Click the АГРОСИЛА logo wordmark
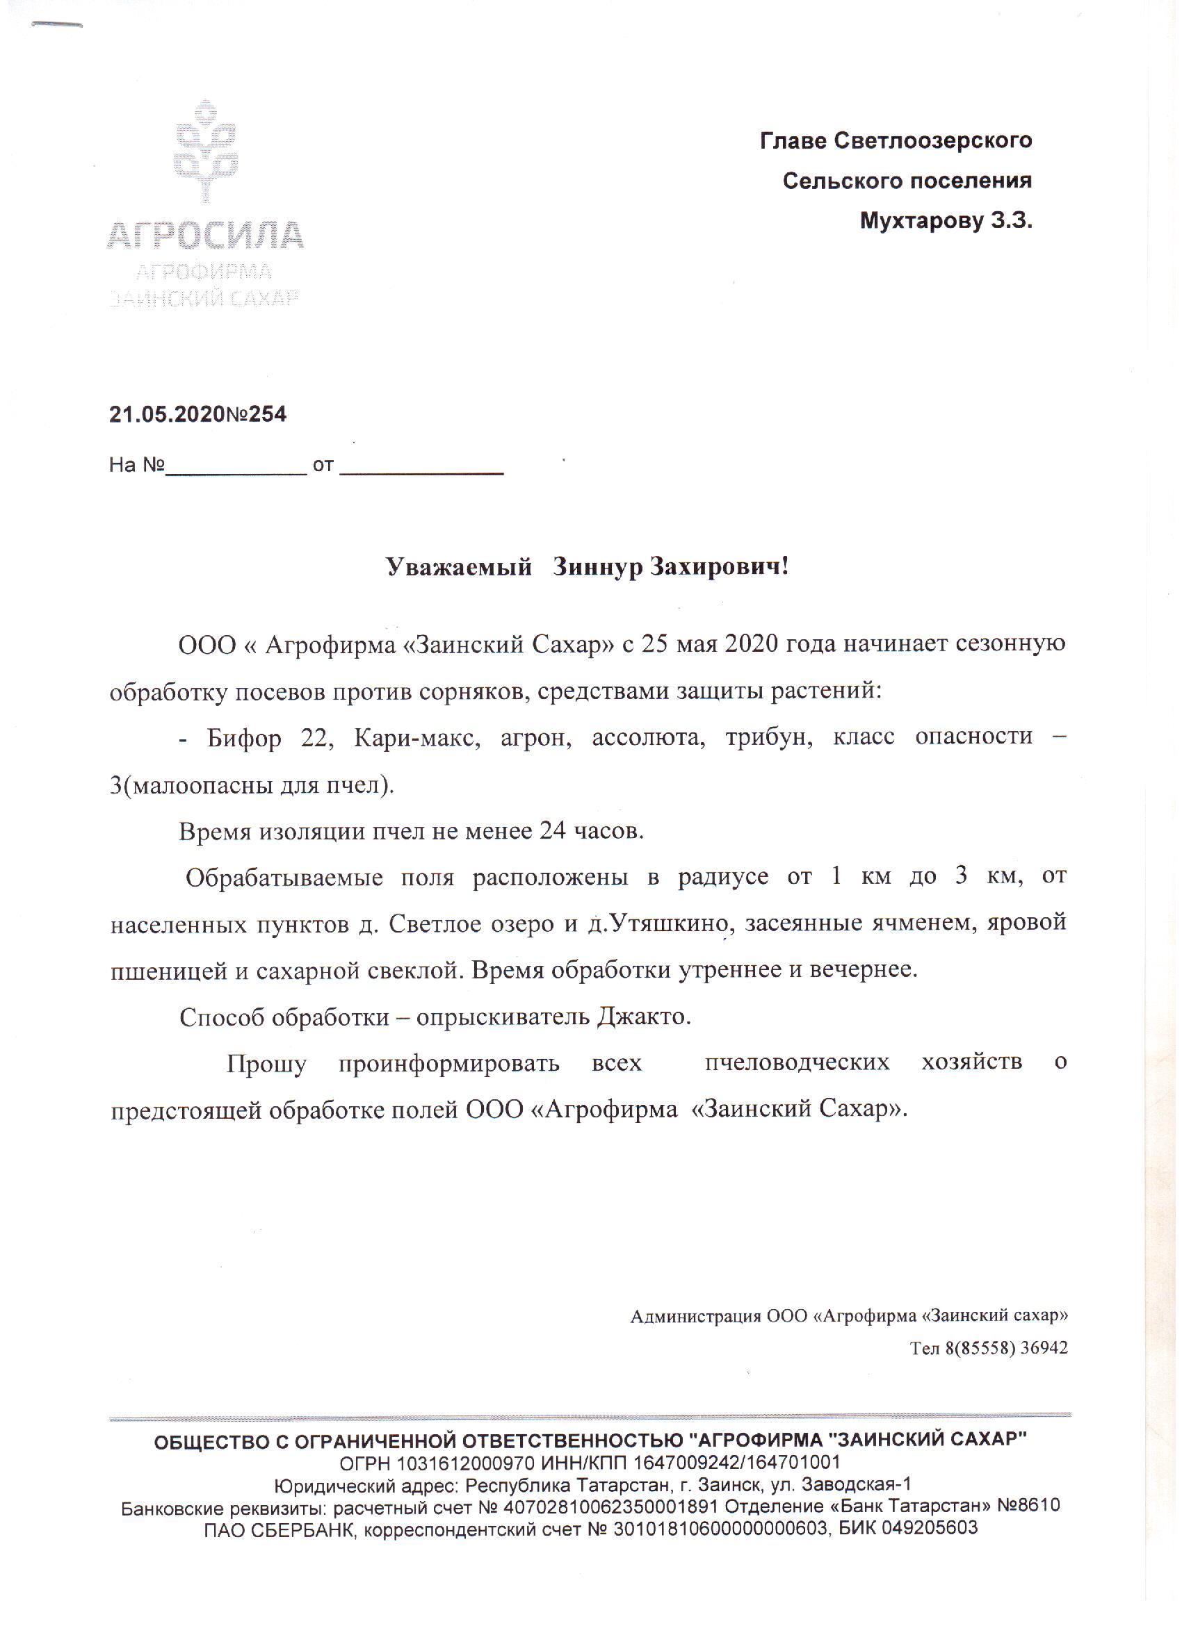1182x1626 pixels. pos(205,236)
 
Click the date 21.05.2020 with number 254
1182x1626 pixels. pos(197,414)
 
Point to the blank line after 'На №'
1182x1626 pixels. pos(236,470)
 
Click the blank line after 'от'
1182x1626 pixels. pos(421,470)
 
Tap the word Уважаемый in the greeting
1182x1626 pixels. pos(458,567)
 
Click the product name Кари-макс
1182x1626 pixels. pos(416,737)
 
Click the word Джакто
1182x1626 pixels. pos(643,1017)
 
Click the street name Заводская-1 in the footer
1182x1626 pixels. pos(857,1485)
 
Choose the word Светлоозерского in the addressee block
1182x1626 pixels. pos(932,140)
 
